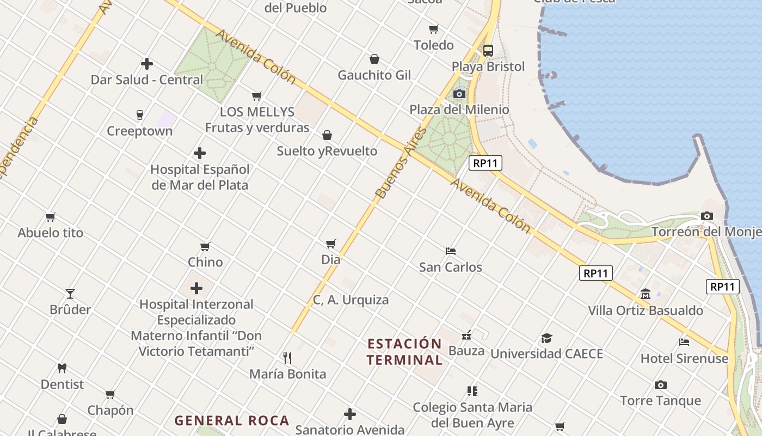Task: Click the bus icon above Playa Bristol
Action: [x=488, y=51]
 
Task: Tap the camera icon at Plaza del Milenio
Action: [x=459, y=94]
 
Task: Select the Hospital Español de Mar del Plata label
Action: [x=200, y=177]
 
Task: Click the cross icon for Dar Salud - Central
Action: [x=147, y=64]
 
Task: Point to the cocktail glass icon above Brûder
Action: [x=70, y=294]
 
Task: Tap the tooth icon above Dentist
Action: [x=62, y=368]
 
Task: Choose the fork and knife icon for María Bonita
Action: [x=287, y=358]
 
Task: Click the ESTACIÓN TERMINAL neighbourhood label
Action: [x=404, y=352]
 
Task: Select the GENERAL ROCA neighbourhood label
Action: [x=232, y=421]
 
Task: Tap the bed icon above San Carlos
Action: [x=451, y=251]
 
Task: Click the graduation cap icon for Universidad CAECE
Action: [x=546, y=338]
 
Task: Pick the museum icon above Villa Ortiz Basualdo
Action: [x=646, y=294]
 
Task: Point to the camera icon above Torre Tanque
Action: [x=661, y=385]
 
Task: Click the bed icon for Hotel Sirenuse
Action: [x=684, y=342]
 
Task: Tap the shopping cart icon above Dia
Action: [x=331, y=244]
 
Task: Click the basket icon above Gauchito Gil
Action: [x=374, y=59]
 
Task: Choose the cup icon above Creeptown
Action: [x=140, y=115]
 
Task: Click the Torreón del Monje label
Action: [x=706, y=232]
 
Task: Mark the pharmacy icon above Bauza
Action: [x=466, y=335]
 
